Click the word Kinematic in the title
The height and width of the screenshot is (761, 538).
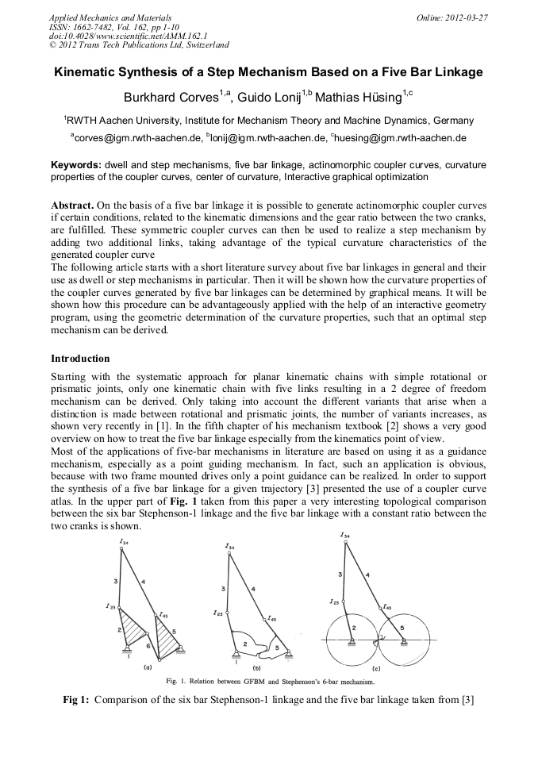tap(86, 72)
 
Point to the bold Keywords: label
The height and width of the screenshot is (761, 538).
tap(75, 164)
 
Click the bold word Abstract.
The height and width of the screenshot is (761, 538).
tap(74, 205)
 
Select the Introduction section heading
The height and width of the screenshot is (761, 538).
tap(80, 359)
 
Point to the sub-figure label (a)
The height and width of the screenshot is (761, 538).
tap(147, 667)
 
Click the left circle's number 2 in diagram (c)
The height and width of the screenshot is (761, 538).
tap(354, 628)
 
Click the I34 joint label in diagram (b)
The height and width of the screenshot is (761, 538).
tap(229, 546)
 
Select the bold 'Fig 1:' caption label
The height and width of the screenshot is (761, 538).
tap(76, 699)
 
